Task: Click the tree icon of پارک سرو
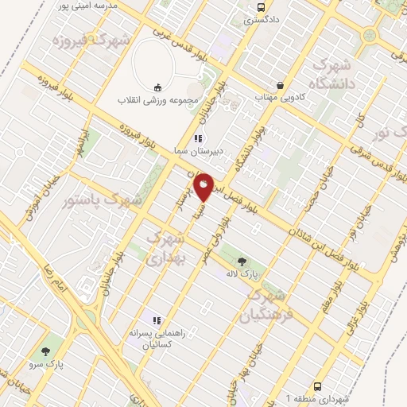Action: [45, 351]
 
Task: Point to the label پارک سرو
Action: [45, 364]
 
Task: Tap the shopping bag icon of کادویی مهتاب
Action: [280, 84]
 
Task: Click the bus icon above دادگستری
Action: [260, 8]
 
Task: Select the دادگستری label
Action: [260, 21]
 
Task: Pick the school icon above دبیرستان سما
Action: [186, 138]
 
